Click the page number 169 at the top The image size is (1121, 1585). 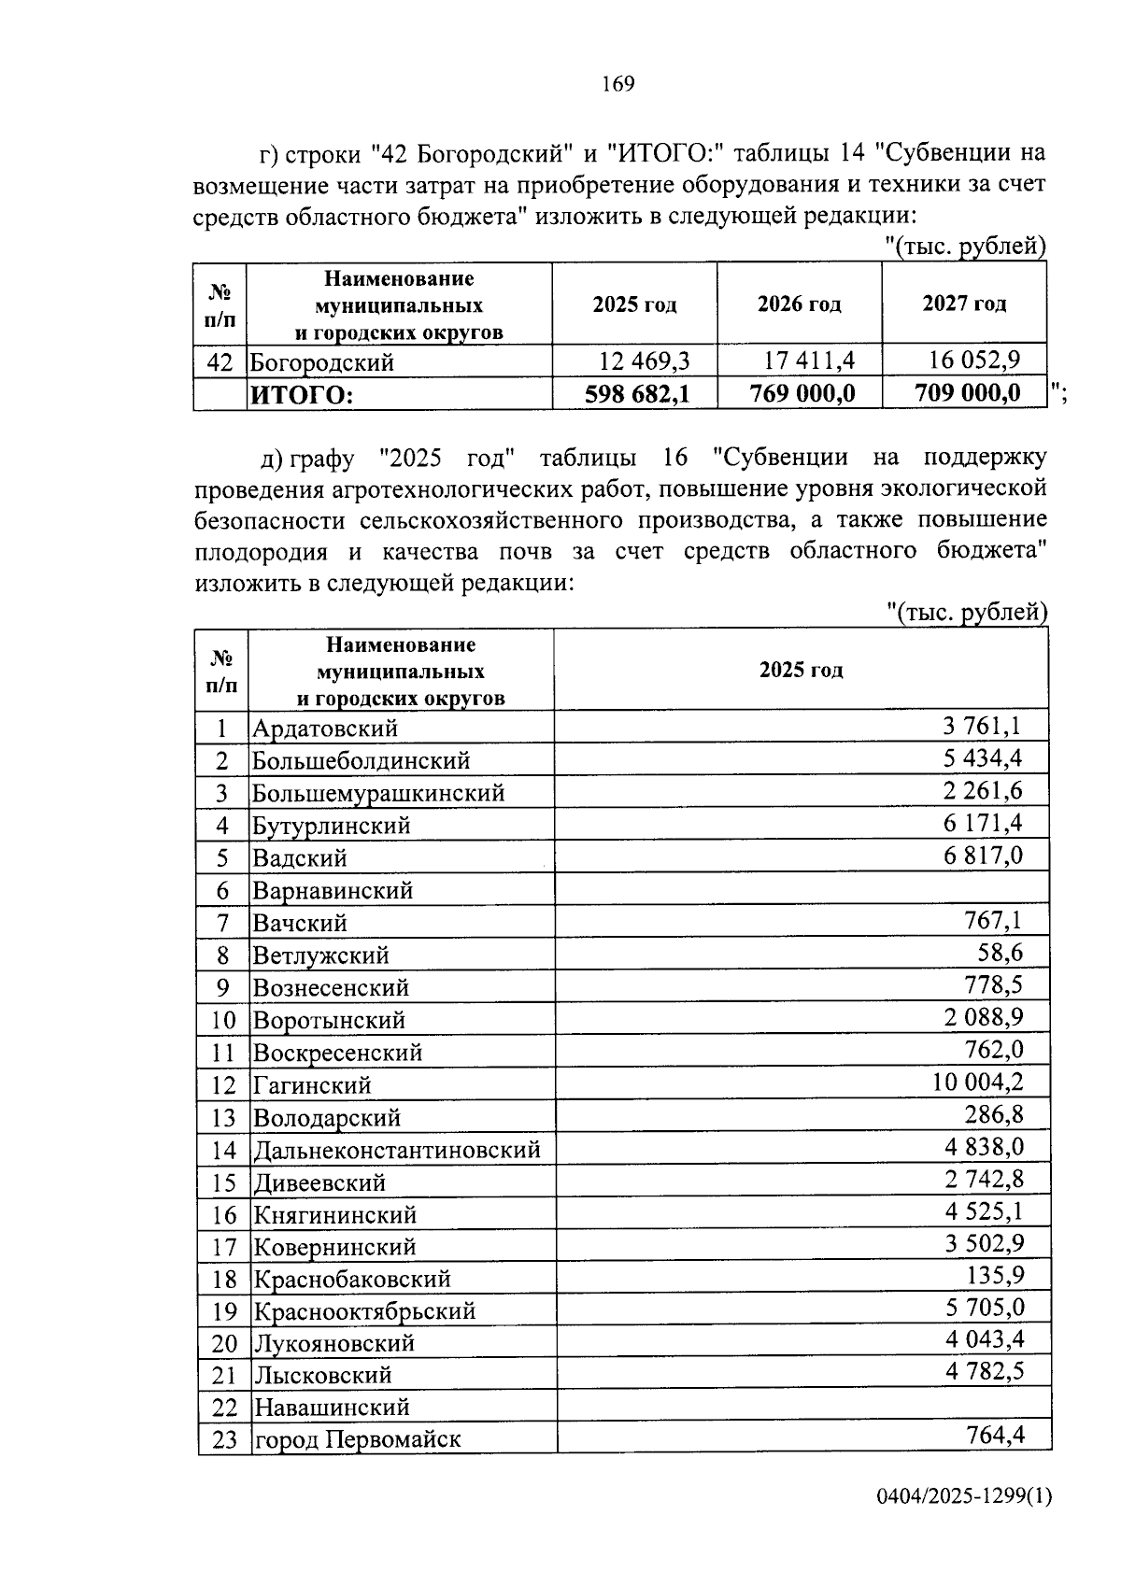pos(618,85)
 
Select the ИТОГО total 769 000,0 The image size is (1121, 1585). pos(802,394)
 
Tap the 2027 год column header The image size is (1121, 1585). pos(964,304)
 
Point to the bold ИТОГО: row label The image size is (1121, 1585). pos(301,396)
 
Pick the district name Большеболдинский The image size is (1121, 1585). pos(361,760)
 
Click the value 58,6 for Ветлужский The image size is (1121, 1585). pos(1000,954)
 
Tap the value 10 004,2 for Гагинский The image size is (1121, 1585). pos(977,1083)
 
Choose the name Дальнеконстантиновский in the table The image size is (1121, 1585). pos(397,1150)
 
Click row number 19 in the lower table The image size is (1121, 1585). pos(224,1311)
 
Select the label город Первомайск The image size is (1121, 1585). pos(358,1439)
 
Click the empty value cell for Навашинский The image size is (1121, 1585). pos(803,1406)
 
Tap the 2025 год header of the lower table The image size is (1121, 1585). pos(801,670)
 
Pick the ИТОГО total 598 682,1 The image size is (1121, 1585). pos(637,394)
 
